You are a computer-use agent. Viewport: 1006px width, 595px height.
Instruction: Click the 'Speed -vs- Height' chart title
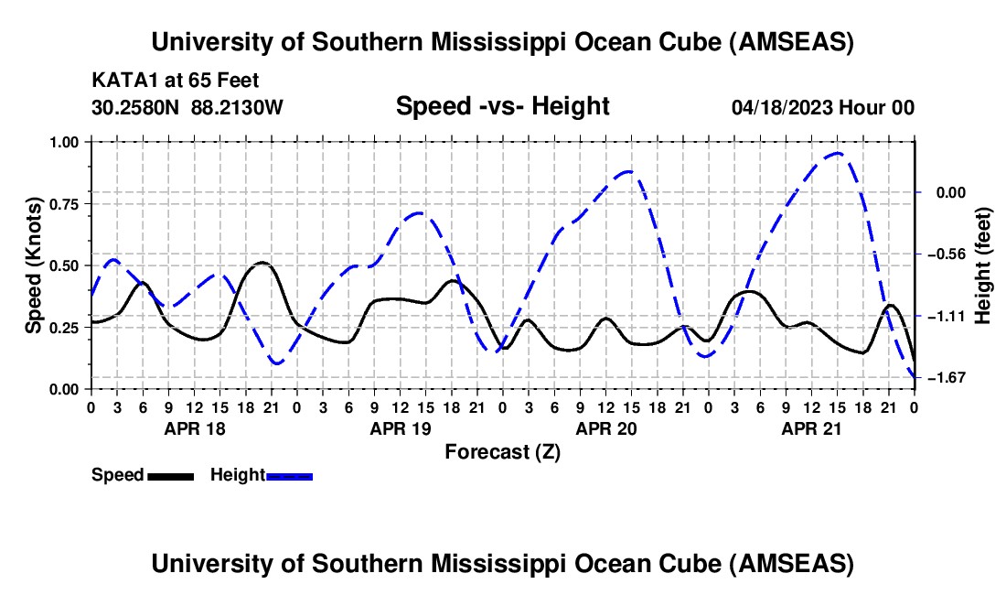coord(502,107)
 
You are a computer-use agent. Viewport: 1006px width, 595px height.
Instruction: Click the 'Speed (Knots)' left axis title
coord(34,265)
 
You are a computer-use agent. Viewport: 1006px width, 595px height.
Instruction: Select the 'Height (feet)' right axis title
coord(983,265)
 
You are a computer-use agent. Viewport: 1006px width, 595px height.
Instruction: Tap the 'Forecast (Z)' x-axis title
coord(502,451)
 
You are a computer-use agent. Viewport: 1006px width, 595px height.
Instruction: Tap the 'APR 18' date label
coord(194,428)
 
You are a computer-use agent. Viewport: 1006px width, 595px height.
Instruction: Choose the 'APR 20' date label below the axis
coord(605,428)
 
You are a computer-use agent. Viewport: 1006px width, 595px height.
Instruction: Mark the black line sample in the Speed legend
coord(170,475)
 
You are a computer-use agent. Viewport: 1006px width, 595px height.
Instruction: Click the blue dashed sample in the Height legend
coord(289,475)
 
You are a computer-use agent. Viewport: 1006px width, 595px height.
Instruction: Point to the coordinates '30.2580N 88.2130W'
coord(187,107)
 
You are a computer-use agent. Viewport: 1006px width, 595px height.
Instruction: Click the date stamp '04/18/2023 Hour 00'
coord(823,107)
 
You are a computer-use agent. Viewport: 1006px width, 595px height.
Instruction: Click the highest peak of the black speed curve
coord(262,263)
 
